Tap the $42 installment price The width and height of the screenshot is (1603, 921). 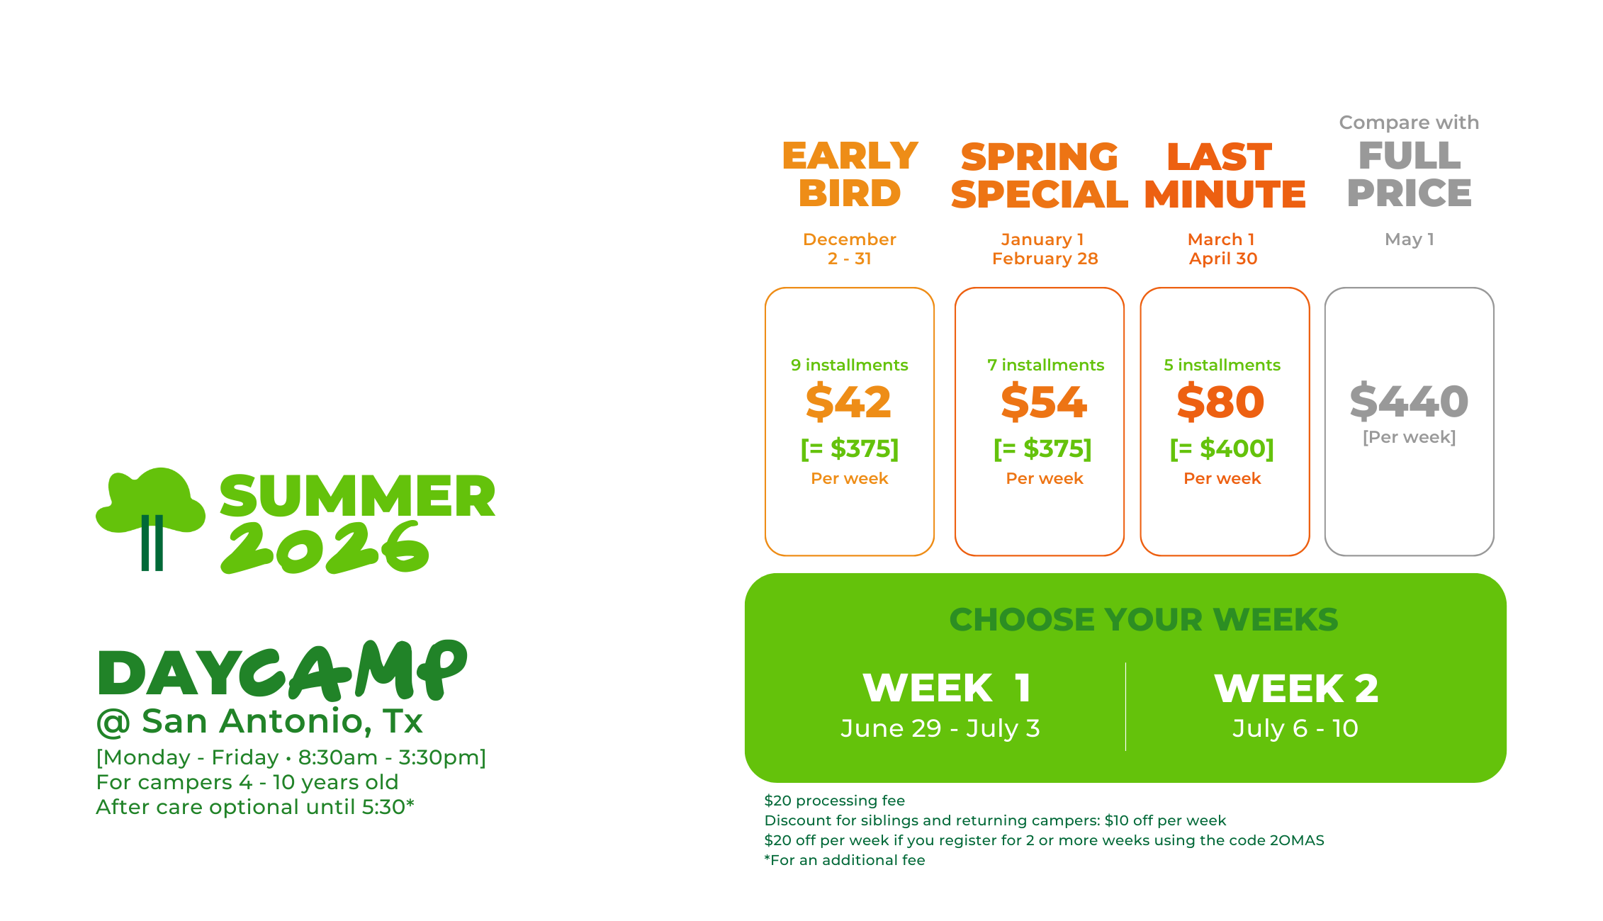(x=848, y=402)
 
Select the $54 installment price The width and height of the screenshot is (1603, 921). (x=1044, y=402)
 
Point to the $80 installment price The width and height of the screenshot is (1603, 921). (x=1221, y=402)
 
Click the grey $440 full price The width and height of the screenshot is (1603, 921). (x=1409, y=401)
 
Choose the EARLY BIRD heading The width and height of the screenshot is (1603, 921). (x=850, y=174)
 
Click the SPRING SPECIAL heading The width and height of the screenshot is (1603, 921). (x=1040, y=176)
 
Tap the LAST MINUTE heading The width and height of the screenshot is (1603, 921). (x=1225, y=176)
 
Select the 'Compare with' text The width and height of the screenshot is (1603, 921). (x=1409, y=123)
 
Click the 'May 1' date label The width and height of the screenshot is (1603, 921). (x=1410, y=239)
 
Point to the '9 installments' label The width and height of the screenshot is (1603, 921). (x=849, y=365)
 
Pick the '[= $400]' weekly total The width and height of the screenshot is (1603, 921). (x=1222, y=448)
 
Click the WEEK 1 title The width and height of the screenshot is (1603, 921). (x=947, y=688)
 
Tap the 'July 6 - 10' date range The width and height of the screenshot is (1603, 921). (x=1295, y=728)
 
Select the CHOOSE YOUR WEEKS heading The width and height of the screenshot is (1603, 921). (x=1144, y=620)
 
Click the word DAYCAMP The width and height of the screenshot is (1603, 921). (x=282, y=671)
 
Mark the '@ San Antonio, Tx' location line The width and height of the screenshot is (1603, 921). (x=259, y=722)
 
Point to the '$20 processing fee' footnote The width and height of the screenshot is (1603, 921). (x=834, y=801)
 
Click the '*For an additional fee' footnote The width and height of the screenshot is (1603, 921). (x=845, y=860)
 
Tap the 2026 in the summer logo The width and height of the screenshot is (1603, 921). (x=325, y=548)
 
